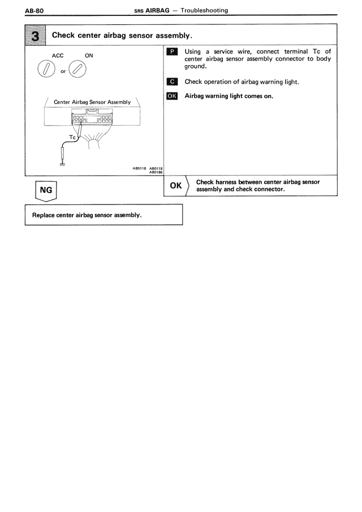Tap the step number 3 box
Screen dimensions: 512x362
[37, 35]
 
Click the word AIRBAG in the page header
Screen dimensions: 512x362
[158, 10]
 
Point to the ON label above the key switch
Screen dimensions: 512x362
[89, 56]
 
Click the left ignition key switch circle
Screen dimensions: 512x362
[45, 70]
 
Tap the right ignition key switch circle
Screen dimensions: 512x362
[79, 70]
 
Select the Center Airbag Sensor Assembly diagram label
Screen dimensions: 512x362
[92, 102]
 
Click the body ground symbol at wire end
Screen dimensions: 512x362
[62, 164]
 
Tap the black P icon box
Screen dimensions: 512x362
[173, 52]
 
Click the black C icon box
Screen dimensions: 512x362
[173, 82]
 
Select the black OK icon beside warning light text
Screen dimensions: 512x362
[173, 96]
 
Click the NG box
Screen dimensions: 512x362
[47, 191]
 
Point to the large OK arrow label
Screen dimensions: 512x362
[176, 186]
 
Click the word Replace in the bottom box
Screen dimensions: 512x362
[45, 215]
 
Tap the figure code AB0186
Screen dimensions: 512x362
[156, 172]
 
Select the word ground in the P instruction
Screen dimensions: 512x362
[195, 67]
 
